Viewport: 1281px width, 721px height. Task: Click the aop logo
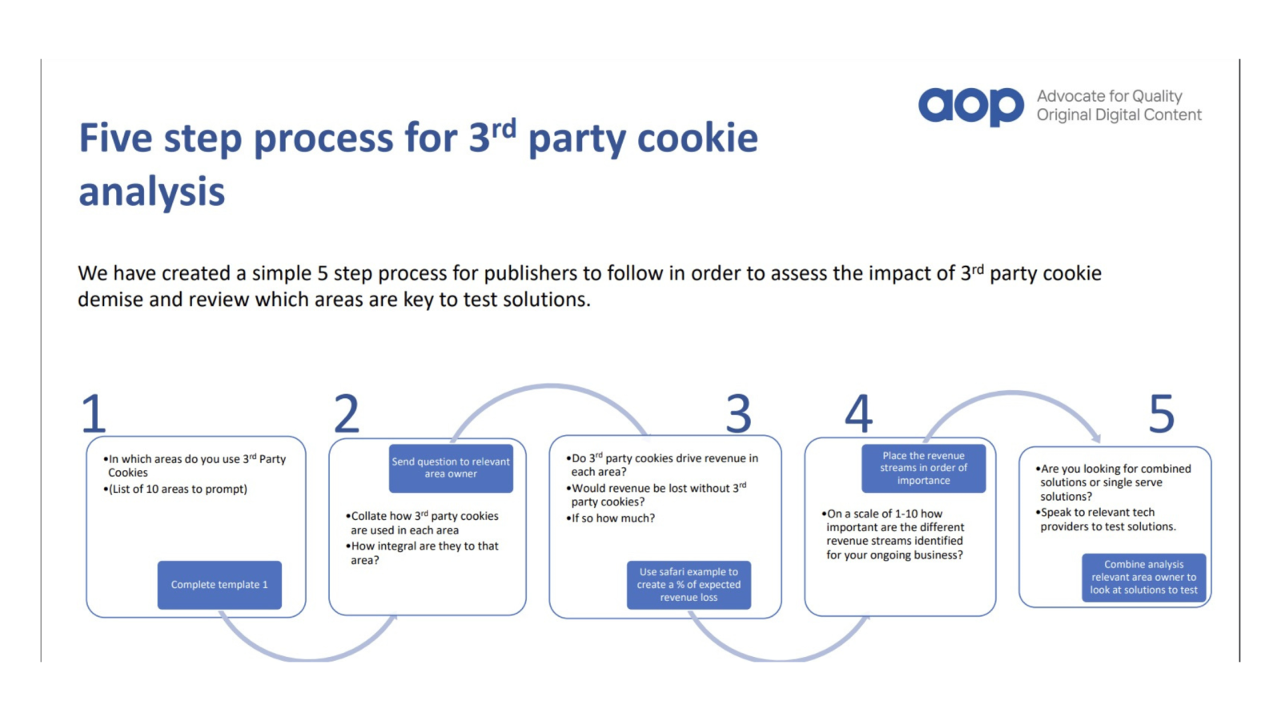click(970, 106)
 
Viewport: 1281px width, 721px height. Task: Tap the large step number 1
click(94, 413)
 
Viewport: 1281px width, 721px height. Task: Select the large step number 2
click(347, 413)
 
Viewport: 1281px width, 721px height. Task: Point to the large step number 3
click(738, 413)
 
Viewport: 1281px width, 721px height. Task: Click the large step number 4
click(859, 413)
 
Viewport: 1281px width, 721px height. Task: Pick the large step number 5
click(1162, 413)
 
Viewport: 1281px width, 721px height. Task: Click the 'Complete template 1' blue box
click(219, 585)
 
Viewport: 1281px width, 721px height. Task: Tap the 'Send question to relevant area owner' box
click(451, 468)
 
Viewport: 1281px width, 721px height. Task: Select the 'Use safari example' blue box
click(689, 585)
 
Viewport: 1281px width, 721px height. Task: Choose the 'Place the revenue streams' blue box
click(923, 468)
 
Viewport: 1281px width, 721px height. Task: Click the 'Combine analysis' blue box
click(1143, 577)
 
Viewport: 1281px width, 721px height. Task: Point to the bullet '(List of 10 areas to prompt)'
click(179, 489)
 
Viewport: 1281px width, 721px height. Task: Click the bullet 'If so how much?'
click(612, 518)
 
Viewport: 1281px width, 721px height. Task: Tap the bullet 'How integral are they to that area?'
click(424, 553)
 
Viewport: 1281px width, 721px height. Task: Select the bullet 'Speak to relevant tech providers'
click(1106, 519)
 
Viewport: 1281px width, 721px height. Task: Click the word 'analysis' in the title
click(152, 192)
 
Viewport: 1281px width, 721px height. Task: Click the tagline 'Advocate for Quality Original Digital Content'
click(1118, 106)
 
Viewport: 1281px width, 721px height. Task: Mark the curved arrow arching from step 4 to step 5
click(1014, 394)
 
